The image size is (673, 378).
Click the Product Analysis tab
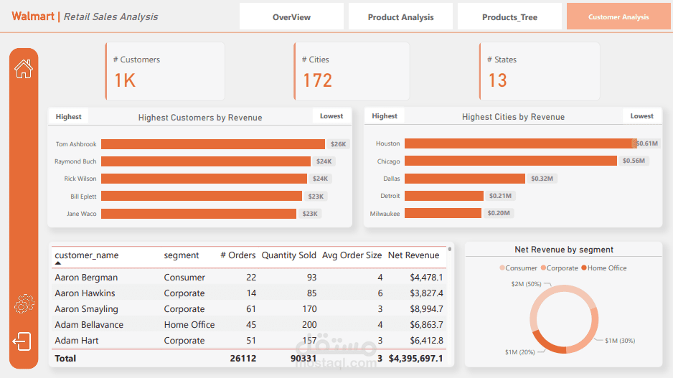point(400,17)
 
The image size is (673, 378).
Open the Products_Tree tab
point(509,17)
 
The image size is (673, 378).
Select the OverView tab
point(291,17)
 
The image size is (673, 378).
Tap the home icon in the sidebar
point(24,69)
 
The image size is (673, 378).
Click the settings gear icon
point(24,305)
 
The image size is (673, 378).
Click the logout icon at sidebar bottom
point(22,341)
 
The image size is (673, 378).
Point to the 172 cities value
point(317,80)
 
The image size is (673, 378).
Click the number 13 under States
point(497,80)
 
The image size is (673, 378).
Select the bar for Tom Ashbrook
point(212,144)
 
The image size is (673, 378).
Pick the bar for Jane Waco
point(198,213)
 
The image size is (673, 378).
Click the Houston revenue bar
point(519,143)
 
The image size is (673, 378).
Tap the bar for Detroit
point(443,196)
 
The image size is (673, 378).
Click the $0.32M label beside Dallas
point(542,179)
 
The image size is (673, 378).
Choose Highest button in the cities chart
point(385,116)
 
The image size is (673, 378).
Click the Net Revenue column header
point(413,255)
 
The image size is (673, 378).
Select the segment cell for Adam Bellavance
point(189,325)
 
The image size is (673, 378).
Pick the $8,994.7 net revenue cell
point(426,309)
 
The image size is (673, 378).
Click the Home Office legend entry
point(607,268)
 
